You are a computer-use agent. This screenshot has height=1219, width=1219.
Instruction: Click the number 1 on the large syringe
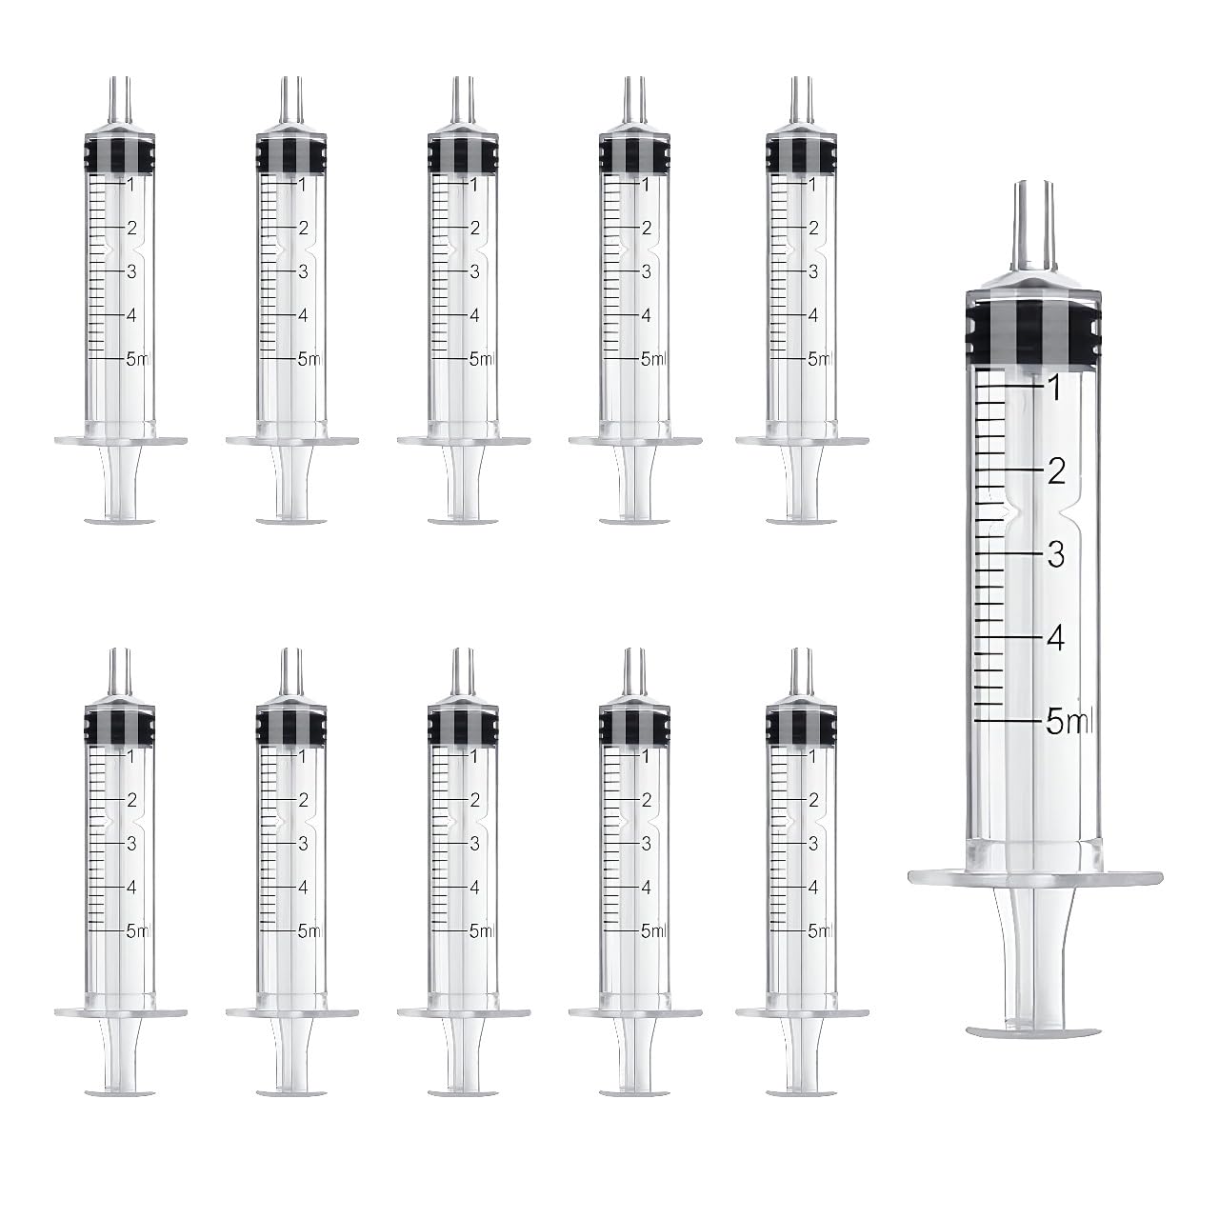1053,386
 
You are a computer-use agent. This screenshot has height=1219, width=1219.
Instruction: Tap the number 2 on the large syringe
1055,470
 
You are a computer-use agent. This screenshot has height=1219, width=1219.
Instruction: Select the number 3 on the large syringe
1055,554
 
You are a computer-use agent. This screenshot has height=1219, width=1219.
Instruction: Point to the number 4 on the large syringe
1055,638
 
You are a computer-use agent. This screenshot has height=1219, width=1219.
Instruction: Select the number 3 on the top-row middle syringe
474,271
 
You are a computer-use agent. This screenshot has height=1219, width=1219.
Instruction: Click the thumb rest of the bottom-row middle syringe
463,1090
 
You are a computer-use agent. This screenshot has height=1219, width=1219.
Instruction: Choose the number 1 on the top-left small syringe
131,184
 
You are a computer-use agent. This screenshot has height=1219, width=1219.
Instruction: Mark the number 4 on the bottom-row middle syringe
474,887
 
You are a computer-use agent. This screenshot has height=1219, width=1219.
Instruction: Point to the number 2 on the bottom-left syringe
131,799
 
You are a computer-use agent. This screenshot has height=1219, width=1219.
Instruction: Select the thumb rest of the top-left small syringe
120,519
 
